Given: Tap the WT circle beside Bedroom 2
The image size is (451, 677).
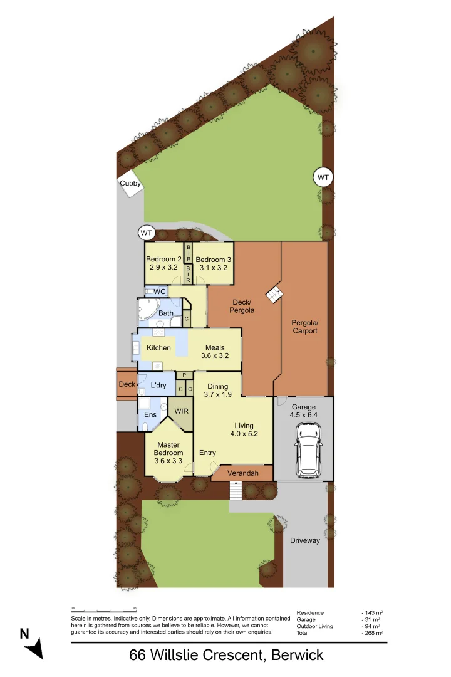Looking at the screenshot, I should tap(147, 233).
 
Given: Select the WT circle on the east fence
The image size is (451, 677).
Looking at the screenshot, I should tap(323, 178).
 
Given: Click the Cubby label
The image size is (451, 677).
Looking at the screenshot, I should tap(130, 184).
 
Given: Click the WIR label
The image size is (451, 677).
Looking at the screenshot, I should tap(181, 412).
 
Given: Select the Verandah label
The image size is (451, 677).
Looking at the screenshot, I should tap(242, 473).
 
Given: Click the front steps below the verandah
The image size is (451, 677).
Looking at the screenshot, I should tap(236, 493).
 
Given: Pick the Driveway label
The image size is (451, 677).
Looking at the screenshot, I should tap(304, 540).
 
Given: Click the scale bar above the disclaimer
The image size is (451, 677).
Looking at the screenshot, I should tap(104, 609).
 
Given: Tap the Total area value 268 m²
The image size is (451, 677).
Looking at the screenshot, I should tap(373, 634).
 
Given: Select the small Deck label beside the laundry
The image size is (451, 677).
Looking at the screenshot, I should tap(127, 384).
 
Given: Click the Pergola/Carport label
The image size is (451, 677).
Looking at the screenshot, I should tap(304, 327).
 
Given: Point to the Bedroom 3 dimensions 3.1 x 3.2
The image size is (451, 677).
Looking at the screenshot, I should tap(213, 268).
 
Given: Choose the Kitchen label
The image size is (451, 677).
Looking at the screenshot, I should tap(158, 347).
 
